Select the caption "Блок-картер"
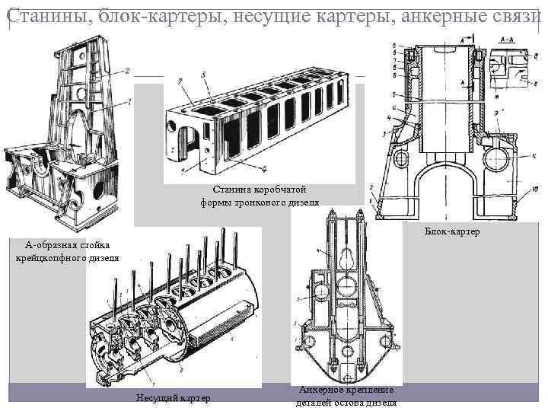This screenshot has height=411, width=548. [x=452, y=231]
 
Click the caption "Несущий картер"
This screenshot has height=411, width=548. [x=173, y=398]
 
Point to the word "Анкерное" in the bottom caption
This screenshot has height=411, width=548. [x=323, y=390]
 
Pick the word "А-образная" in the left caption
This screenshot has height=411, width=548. [x=48, y=244]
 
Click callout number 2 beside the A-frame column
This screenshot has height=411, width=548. [x=127, y=72]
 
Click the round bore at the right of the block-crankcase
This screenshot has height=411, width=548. [x=492, y=159]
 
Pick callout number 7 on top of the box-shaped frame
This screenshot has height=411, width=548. [x=177, y=80]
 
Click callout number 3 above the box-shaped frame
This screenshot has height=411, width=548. [x=204, y=75]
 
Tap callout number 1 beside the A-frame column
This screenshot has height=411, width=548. [x=131, y=101]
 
